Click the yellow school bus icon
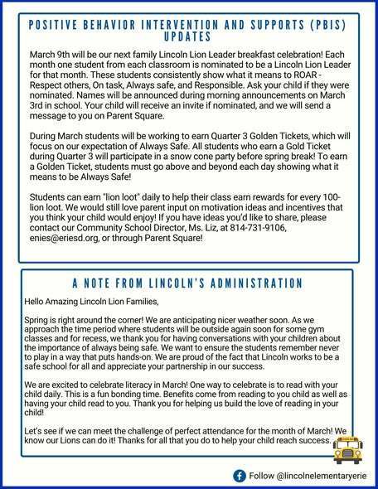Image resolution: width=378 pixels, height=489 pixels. coord(350,448)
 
